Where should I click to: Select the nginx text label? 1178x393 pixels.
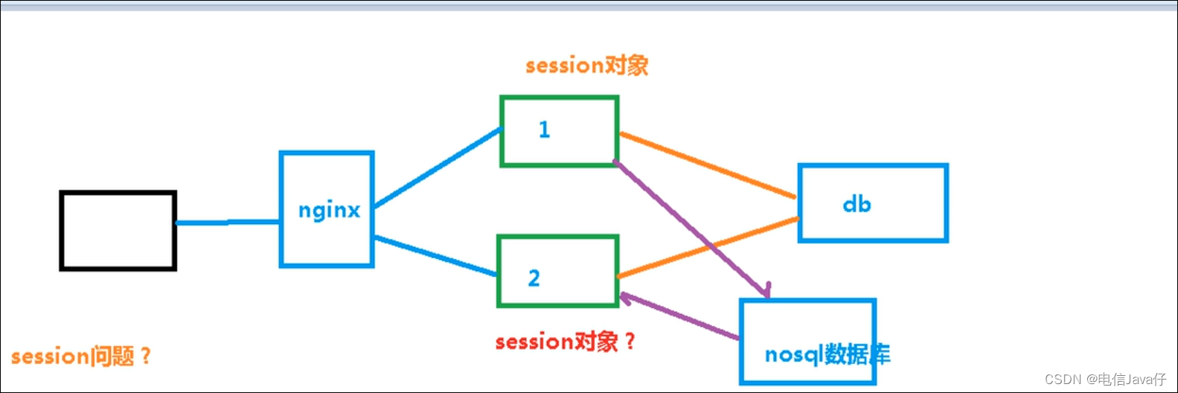coord(329,211)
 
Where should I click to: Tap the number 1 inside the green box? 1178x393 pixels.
coord(544,130)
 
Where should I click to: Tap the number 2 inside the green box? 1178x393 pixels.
coord(534,278)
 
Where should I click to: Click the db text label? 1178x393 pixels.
coord(857,204)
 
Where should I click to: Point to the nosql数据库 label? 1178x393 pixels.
coord(828,354)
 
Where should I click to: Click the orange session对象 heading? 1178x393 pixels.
coord(587,65)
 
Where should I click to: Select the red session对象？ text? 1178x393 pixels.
coord(566,342)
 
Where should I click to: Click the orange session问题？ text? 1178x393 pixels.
coord(82,357)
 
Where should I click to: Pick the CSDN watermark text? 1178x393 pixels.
coord(1105,379)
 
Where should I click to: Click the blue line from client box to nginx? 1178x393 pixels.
coord(228,222)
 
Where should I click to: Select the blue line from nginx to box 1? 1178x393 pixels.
coord(438,167)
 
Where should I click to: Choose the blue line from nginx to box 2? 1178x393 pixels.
coord(436,256)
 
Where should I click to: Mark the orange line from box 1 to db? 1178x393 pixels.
coord(708,166)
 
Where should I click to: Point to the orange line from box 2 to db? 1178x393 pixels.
coord(708,247)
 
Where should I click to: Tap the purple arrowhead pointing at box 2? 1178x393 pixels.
coord(627,298)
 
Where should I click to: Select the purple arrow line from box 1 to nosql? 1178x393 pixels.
coord(691,229)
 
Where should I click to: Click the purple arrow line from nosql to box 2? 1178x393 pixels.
coord(680,316)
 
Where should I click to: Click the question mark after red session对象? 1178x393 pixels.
coord(630,342)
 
